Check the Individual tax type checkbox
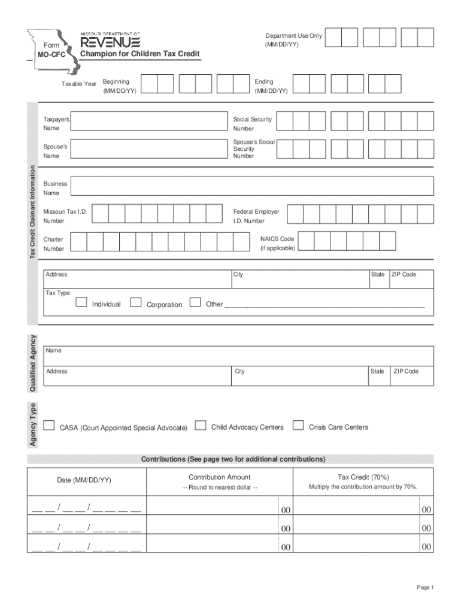tap(81, 302)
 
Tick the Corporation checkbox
tap(136, 302)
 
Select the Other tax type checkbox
tap(195, 302)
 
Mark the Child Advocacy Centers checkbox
tap(201, 426)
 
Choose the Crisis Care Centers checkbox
tap(298, 426)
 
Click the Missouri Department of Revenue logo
tap(111, 41)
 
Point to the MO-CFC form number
tap(48, 55)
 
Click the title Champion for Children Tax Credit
tap(140, 54)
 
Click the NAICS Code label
tap(277, 239)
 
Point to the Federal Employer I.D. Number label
tap(256, 216)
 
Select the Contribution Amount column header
tap(219, 477)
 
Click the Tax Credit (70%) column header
tap(363, 477)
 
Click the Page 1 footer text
tap(425, 588)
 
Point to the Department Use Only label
tap(293, 36)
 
